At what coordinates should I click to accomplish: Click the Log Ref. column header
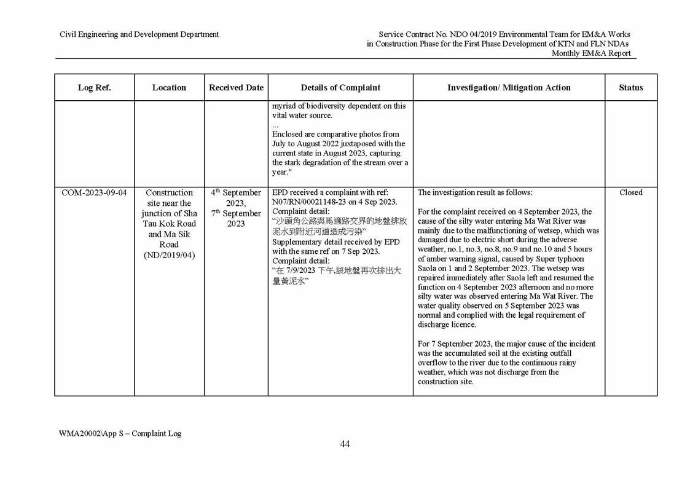pos(94,88)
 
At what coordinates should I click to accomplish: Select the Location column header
pos(169,88)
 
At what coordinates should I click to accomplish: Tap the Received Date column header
pos(236,88)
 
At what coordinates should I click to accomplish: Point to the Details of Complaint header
pos(340,88)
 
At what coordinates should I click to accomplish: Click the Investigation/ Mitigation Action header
pos(509,88)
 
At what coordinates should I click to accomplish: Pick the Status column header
pos(630,88)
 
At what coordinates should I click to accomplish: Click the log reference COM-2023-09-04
pos(94,193)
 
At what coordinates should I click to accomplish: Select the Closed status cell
pos(630,193)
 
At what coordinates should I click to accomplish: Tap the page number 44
pos(345,444)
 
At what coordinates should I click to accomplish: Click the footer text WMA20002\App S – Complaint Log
pos(120,433)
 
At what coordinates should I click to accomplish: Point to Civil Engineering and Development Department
pos(139,34)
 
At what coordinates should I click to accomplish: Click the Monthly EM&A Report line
pos(590,53)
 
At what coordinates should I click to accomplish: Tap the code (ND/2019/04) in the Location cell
pos(169,255)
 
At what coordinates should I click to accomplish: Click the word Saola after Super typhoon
pos(428,269)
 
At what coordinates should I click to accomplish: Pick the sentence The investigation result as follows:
pos(475,193)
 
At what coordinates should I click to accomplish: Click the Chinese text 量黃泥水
pos(290,281)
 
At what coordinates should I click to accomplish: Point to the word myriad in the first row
pos(285,106)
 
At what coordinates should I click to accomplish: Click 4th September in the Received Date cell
pos(236,193)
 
